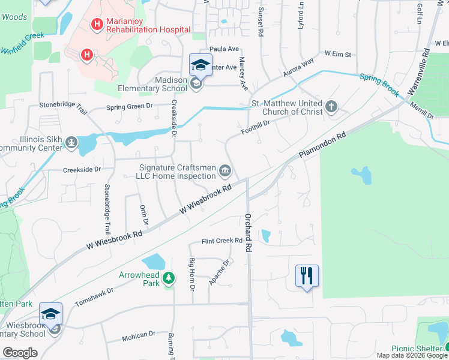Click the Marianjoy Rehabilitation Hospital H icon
click(x=95, y=25)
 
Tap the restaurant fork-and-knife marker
click(x=307, y=276)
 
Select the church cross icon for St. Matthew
click(x=330, y=107)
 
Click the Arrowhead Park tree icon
click(x=170, y=278)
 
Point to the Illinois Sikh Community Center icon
click(x=71, y=142)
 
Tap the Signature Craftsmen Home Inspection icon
click(x=225, y=171)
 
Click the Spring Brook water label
click(x=379, y=84)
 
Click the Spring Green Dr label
click(x=130, y=107)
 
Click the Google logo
click(x=20, y=352)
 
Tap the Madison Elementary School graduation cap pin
click(x=200, y=65)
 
